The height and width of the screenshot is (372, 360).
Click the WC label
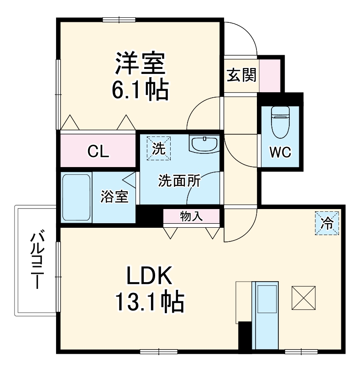tap(280, 152)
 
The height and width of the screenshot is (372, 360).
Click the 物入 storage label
tap(191, 216)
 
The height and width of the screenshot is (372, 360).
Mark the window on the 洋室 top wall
tap(120, 19)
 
